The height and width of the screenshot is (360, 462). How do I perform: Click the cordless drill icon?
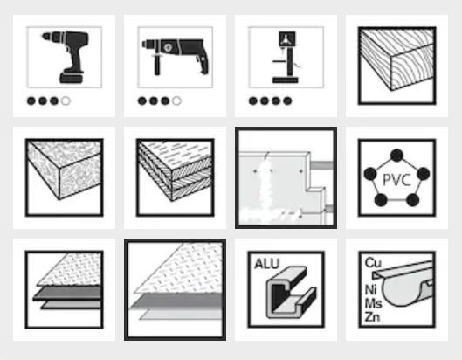pyautogui.click(x=66, y=56)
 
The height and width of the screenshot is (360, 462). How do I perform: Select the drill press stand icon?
pyautogui.click(x=286, y=57)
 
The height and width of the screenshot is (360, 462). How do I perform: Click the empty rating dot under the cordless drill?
pyautogui.click(x=66, y=101)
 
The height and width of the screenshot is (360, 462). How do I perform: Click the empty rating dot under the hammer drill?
pyautogui.click(x=176, y=101)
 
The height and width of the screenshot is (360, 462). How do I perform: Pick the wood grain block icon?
pyautogui.click(x=396, y=66)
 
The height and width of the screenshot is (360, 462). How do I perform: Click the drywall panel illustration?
pyautogui.click(x=286, y=177)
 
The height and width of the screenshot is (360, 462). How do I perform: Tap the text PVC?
pyautogui.click(x=396, y=179)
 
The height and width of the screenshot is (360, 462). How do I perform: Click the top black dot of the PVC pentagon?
pyautogui.click(x=396, y=156)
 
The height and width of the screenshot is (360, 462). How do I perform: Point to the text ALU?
pyautogui.click(x=266, y=264)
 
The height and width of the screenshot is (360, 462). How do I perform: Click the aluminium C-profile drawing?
pyautogui.click(x=291, y=292)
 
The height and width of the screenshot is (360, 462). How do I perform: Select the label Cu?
pyautogui.click(x=373, y=262)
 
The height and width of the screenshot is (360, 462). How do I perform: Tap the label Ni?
pyautogui.click(x=371, y=289)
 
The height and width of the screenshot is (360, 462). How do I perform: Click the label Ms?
pyautogui.click(x=373, y=303)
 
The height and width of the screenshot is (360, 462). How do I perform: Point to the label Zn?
pyautogui.click(x=372, y=316)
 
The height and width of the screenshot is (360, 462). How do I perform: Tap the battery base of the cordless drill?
pyautogui.click(x=71, y=78)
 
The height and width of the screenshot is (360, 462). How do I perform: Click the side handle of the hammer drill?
pyautogui.click(x=156, y=65)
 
